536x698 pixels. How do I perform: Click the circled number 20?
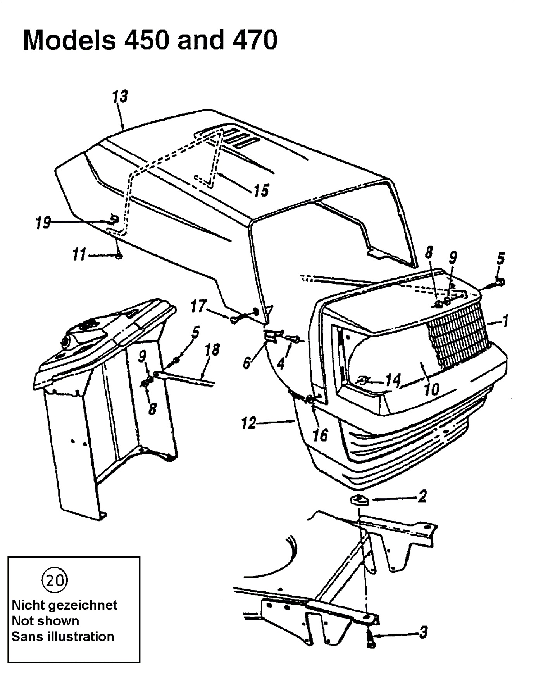coord(54,581)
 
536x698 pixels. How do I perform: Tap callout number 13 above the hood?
coord(120,97)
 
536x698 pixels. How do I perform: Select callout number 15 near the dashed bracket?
coord(260,190)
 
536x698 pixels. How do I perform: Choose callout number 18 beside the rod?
coord(212,350)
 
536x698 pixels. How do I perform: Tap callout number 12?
coord(248,423)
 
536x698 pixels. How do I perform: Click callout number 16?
coord(320,435)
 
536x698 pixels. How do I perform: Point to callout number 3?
coord(423,632)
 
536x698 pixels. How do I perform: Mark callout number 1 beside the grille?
coord(505,321)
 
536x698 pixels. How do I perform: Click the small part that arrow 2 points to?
coord(359,499)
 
